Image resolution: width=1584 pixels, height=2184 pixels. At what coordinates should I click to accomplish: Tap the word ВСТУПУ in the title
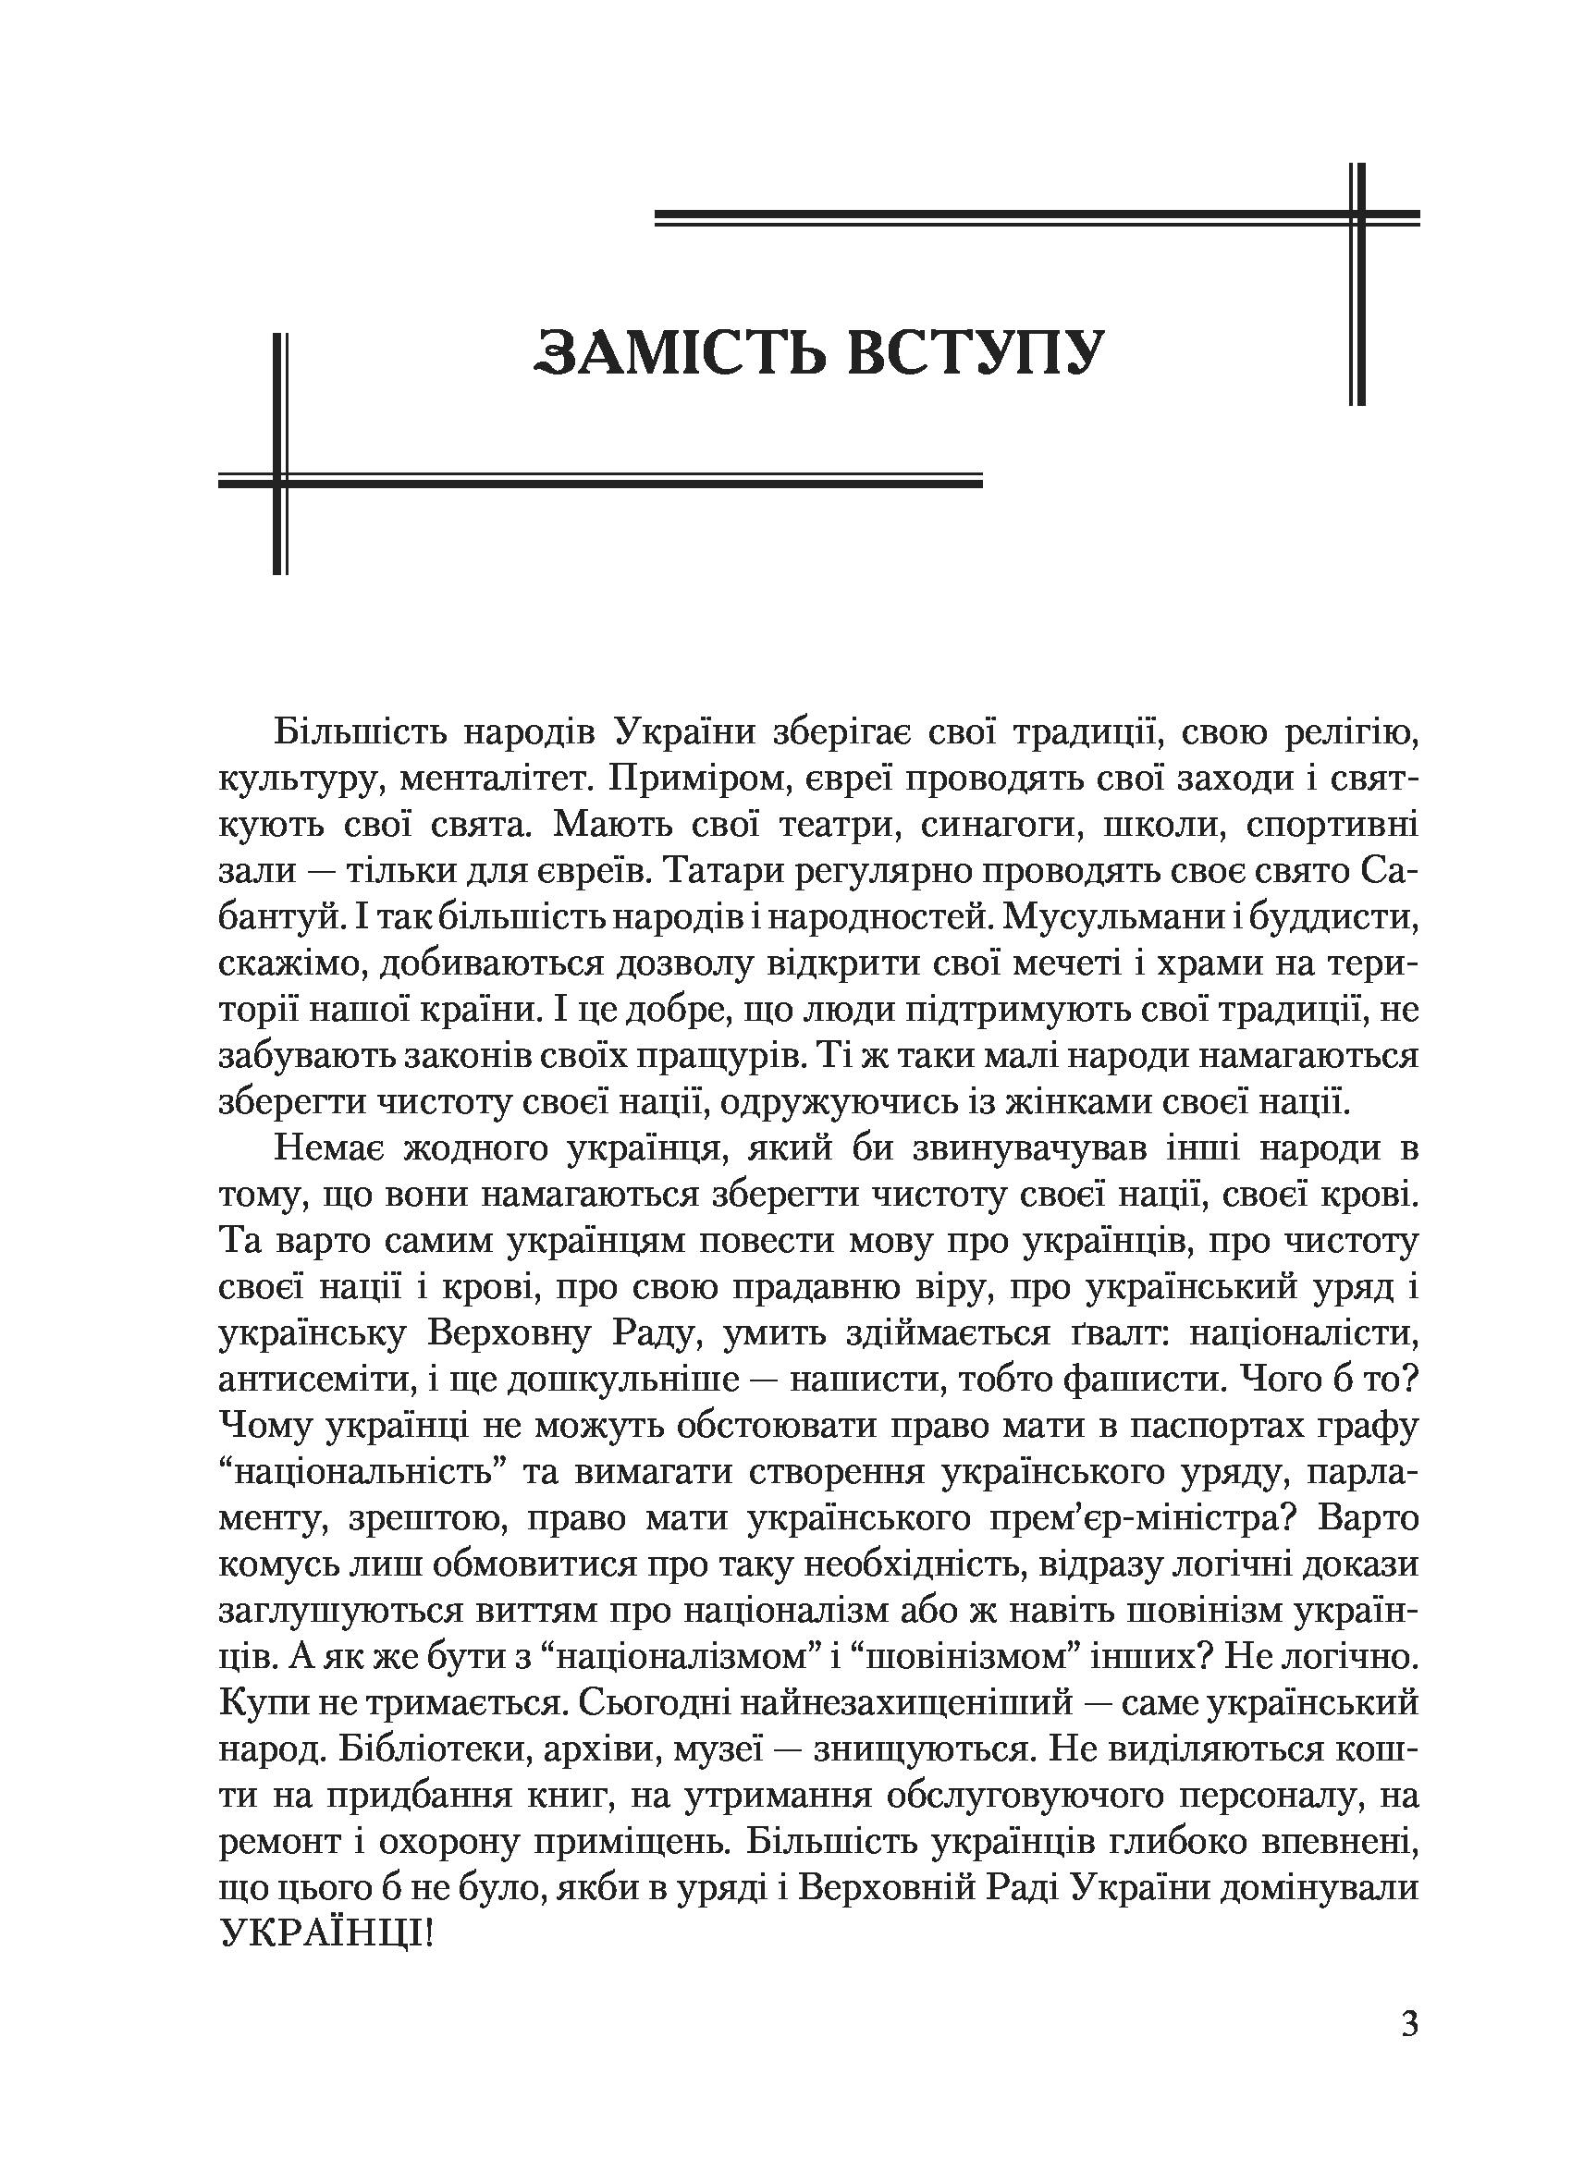pyautogui.click(x=976, y=351)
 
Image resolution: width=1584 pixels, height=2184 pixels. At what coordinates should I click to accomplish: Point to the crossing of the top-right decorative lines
pyautogui.click(x=1357, y=217)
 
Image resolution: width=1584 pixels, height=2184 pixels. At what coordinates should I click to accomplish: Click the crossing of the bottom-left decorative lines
pyautogui.click(x=280, y=480)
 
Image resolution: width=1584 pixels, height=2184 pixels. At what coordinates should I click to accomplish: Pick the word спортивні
pyautogui.click(x=1332, y=826)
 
